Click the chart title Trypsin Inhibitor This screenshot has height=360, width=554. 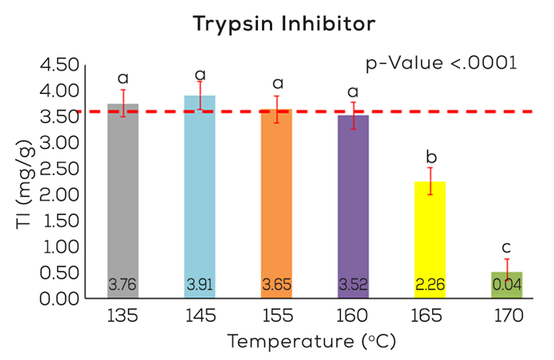coord(283,25)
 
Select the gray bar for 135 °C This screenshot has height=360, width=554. coord(123,199)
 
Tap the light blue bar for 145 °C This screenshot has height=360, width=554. coord(200,195)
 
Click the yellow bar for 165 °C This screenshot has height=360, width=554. coord(430,239)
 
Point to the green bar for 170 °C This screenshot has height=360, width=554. coord(506,285)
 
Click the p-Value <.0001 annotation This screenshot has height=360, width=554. coord(440,62)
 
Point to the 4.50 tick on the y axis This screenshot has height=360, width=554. coord(60,65)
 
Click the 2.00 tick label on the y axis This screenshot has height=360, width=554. coord(60,194)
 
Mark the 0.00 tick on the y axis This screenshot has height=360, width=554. coord(60,299)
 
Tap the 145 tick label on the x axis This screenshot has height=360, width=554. coord(200,315)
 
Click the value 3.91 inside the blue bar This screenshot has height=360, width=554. coord(200,284)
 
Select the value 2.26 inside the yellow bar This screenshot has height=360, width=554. coord(430,284)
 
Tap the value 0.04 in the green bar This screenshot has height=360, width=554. coord(506,284)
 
